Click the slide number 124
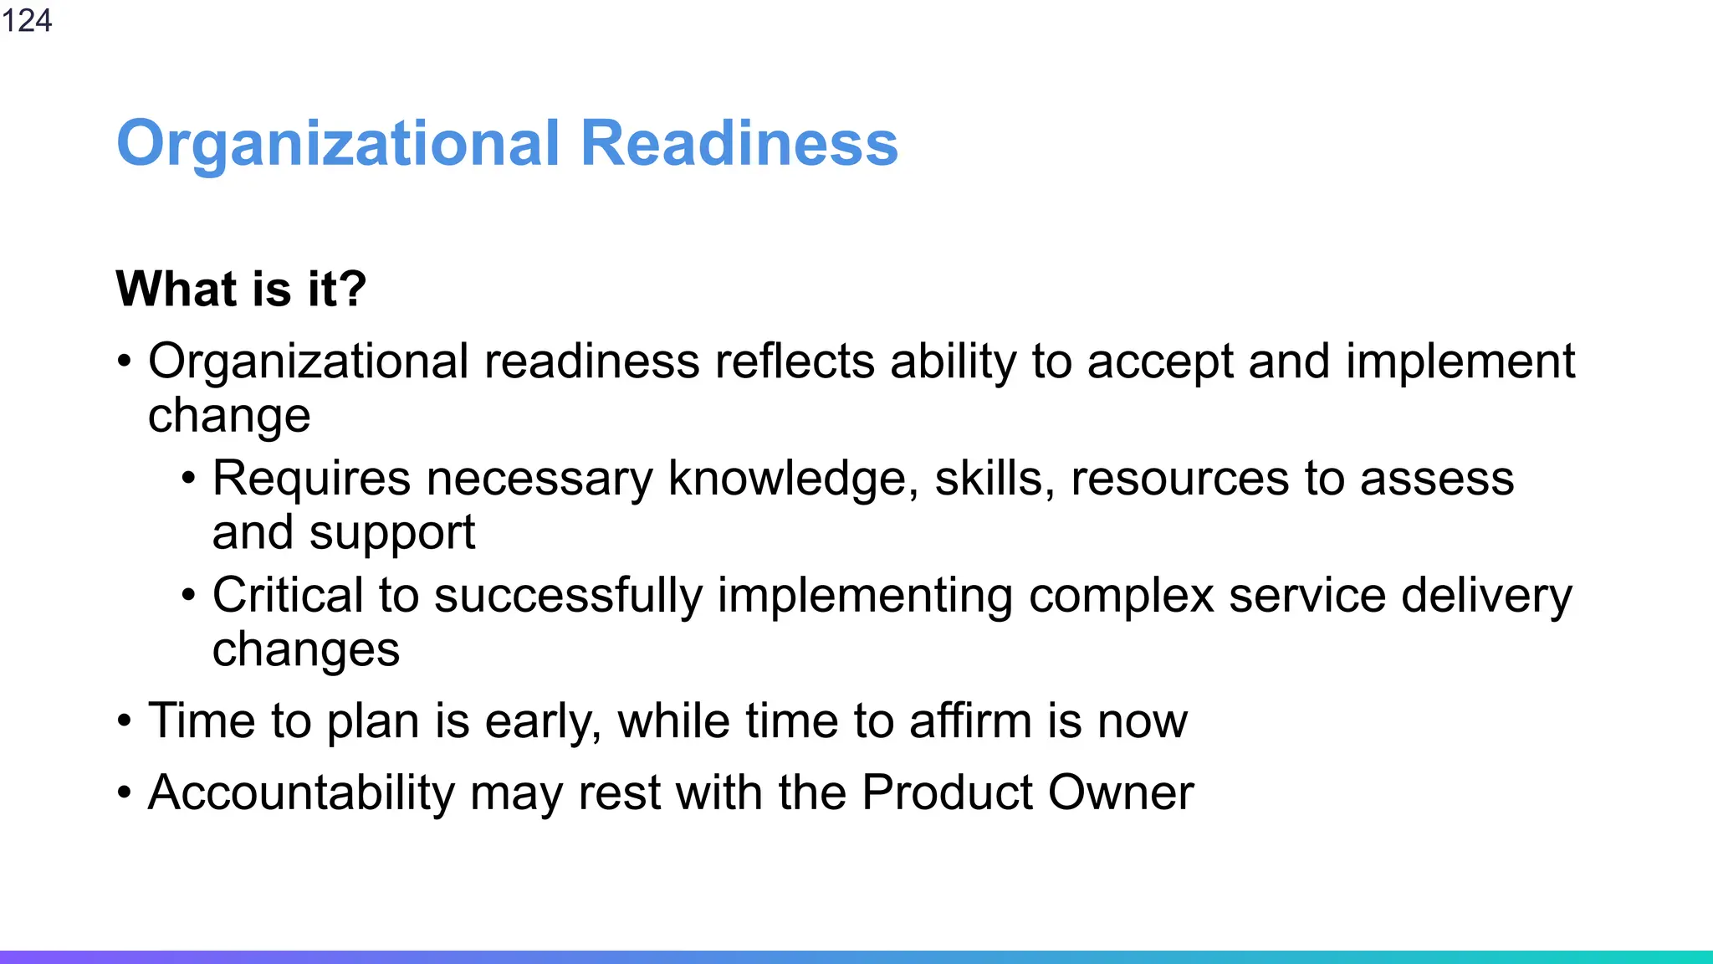tap(27, 20)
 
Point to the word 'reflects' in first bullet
tap(795, 361)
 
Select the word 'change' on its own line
tap(229, 416)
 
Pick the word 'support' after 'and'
tap(391, 534)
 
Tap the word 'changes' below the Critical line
tap(306, 650)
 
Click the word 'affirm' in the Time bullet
tap(970, 720)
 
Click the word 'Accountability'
tap(301, 792)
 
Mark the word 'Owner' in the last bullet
tap(1121, 792)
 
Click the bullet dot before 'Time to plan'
tap(125, 720)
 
